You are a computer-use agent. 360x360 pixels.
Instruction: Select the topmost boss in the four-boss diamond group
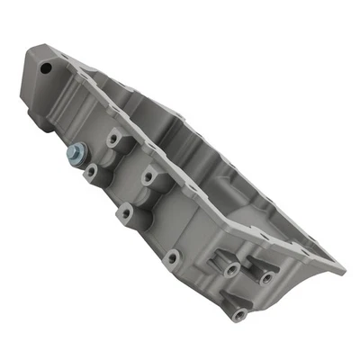pyautogui.click(x=114, y=140)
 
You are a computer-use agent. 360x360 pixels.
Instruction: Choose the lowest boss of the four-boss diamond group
pyautogui.click(x=125, y=213)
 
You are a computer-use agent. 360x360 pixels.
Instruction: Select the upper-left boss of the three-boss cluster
pyautogui.click(x=231, y=269)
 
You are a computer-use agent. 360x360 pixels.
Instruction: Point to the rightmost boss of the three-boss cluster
pyautogui.click(x=267, y=277)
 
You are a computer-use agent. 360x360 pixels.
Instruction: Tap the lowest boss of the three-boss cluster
pyautogui.click(x=238, y=314)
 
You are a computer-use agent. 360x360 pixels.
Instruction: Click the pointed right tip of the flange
pyautogui.click(x=343, y=268)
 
